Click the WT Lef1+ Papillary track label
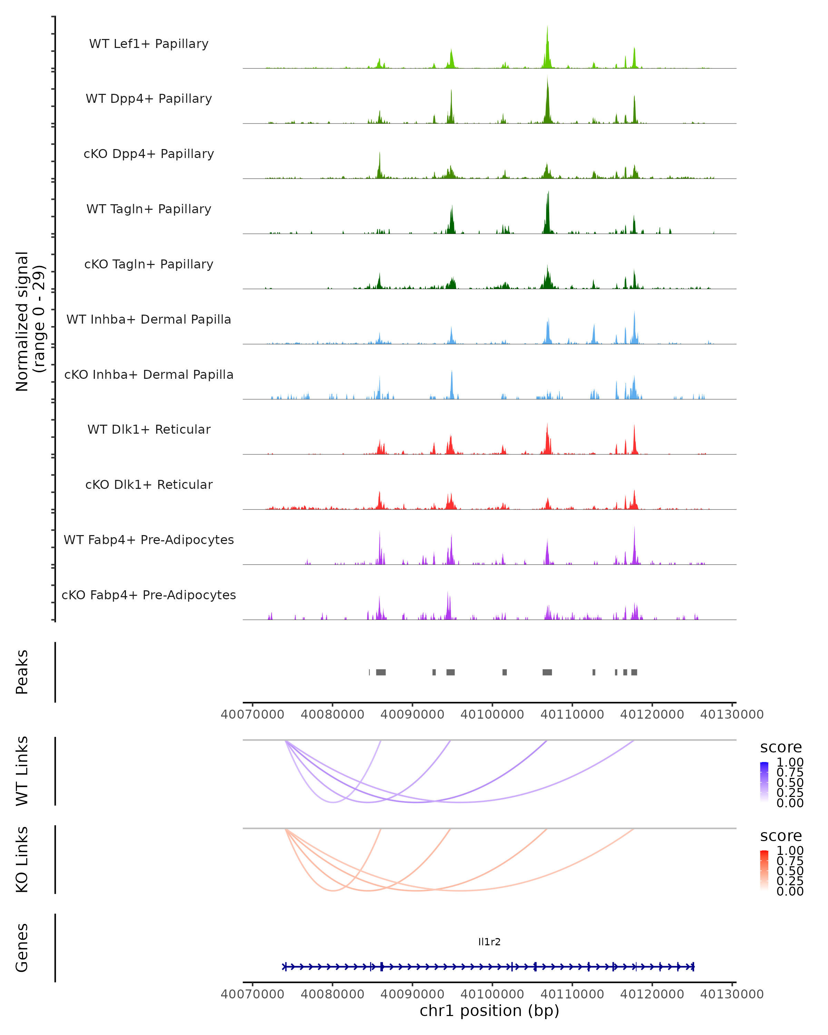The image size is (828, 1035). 149,44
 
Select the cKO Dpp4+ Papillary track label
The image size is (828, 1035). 149,154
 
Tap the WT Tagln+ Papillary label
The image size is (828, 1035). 149,209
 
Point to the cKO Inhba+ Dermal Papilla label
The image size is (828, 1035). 149,375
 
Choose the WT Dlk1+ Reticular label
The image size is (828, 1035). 149,430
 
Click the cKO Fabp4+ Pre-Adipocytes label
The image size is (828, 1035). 149,595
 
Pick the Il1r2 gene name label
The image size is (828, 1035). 489,942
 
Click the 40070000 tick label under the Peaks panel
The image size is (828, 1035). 253,714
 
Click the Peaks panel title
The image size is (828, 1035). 22,672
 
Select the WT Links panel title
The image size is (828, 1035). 22,771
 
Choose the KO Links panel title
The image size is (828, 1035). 22,860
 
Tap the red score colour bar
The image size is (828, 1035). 764,870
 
